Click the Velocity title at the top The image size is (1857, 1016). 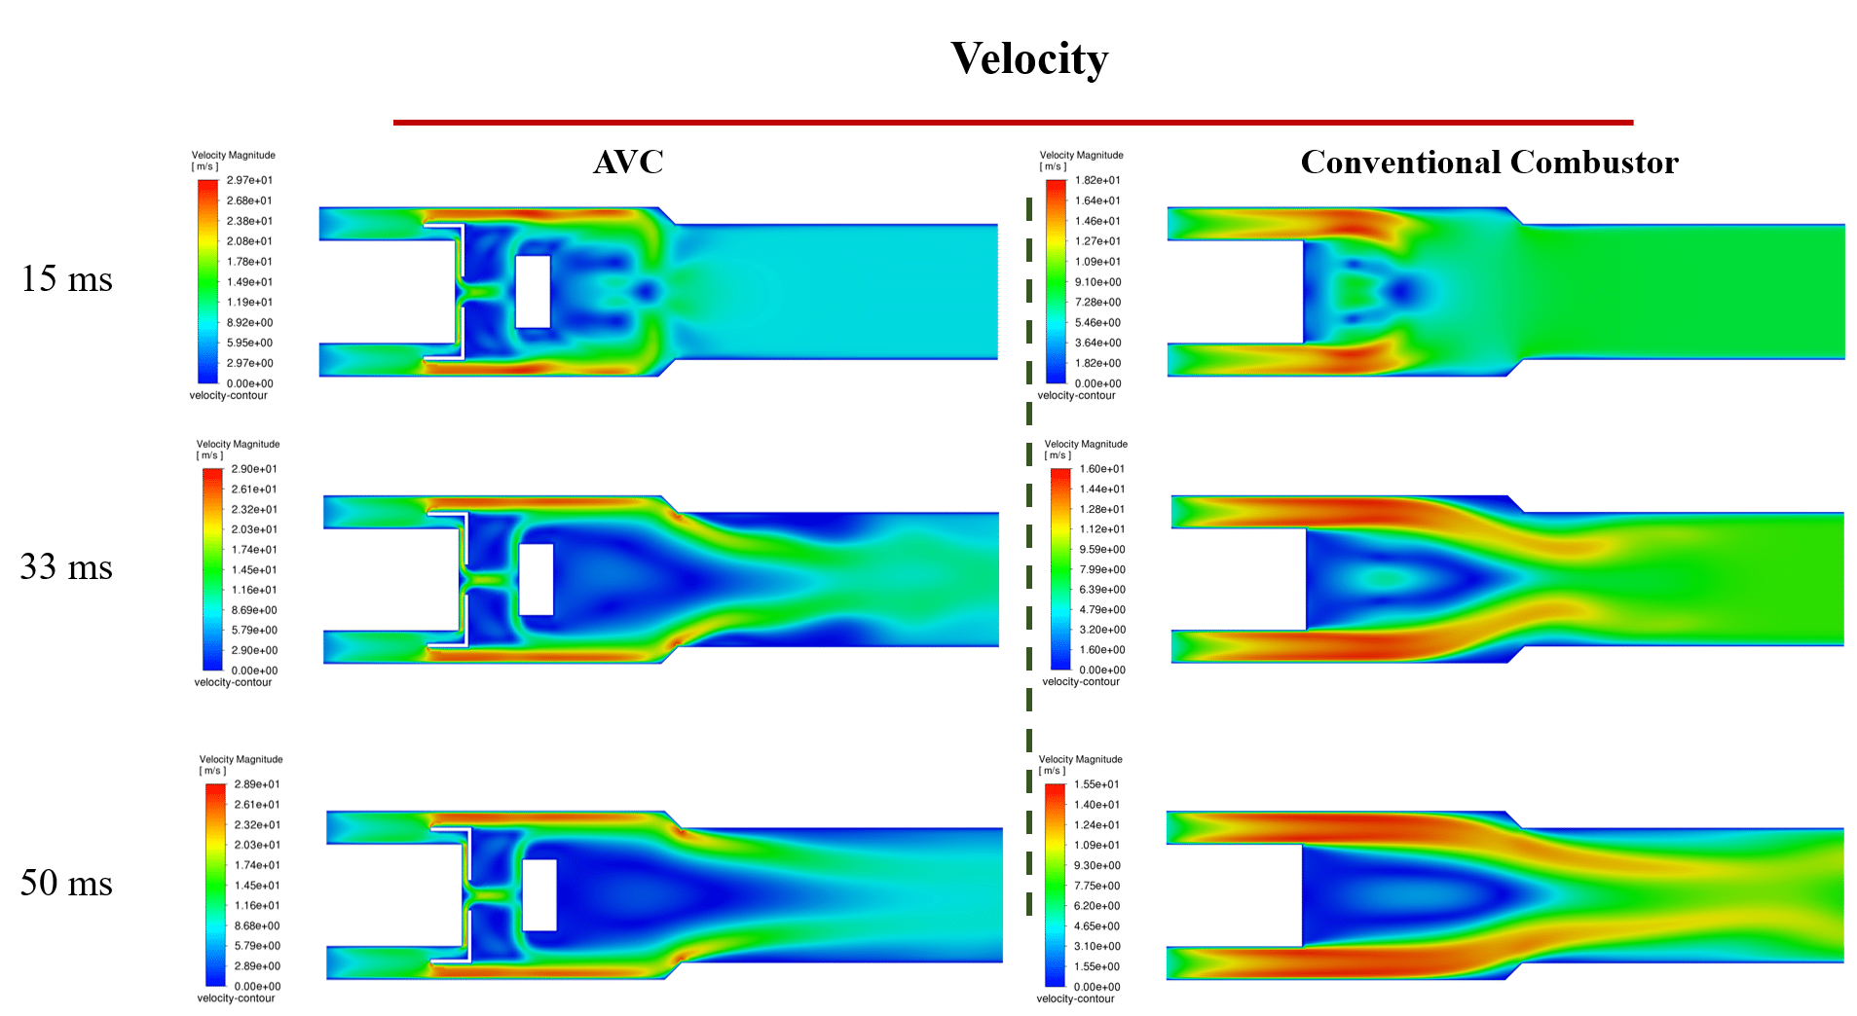(1029, 58)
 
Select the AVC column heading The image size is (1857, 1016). (628, 162)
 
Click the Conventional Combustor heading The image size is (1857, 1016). (1489, 162)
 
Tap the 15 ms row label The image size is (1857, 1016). (66, 279)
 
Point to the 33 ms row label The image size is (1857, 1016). (66, 567)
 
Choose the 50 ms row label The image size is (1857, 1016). (66, 883)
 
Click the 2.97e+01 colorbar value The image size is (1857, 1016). (249, 180)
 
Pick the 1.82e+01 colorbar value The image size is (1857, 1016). (1097, 180)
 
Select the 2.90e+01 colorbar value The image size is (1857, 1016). (254, 469)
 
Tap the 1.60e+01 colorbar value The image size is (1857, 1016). (1102, 469)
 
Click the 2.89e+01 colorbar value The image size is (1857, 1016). (257, 784)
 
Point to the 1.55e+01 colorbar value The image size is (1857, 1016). (1096, 784)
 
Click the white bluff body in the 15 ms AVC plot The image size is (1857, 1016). (533, 291)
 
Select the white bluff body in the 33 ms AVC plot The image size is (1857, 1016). (536, 579)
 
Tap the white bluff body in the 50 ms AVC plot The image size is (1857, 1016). (539, 894)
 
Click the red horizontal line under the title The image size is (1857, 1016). (1013, 123)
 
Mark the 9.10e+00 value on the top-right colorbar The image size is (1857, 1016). (1097, 282)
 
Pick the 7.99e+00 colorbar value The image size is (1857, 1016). (1102, 570)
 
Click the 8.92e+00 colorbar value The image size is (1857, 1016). (249, 322)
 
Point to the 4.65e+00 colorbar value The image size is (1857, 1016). (1096, 926)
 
